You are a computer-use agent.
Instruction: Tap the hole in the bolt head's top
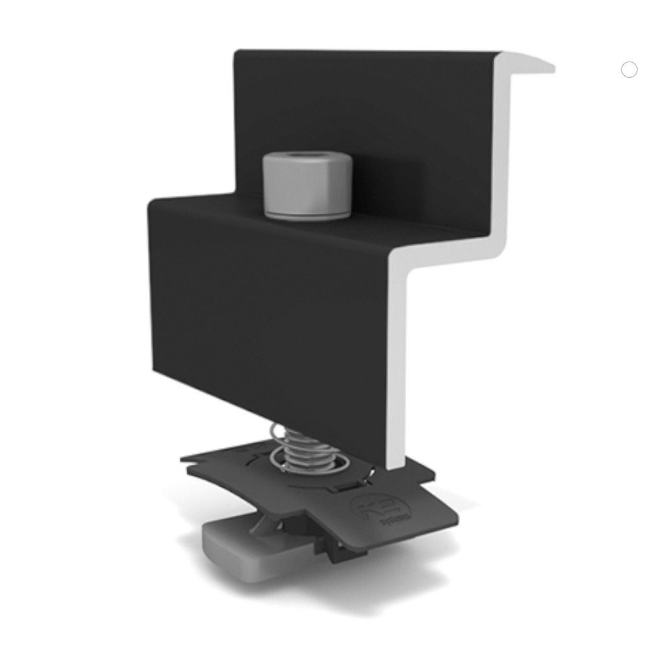point(307,159)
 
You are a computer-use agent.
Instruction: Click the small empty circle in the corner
point(629,70)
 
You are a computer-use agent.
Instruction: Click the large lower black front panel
point(272,311)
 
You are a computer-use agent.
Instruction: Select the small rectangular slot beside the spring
point(351,485)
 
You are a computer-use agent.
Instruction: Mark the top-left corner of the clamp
point(237,52)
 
